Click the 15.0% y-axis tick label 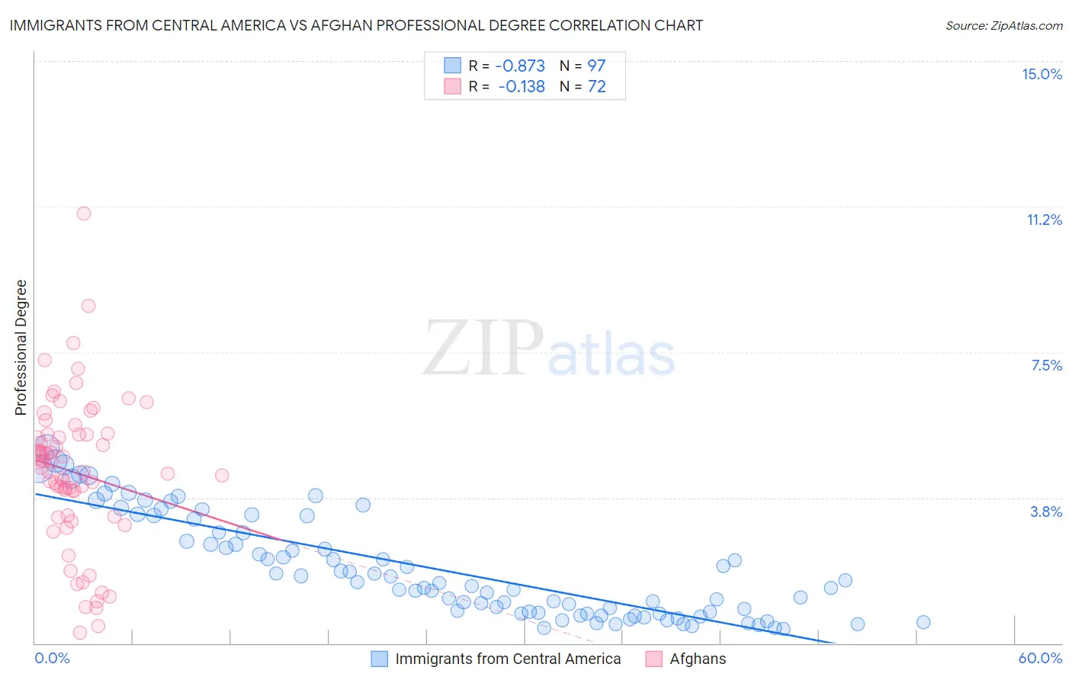[1042, 74]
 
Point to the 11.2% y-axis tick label [1044, 220]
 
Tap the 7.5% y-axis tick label [1046, 365]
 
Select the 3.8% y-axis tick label [1046, 512]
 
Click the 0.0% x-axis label [52, 658]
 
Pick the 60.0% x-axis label [1040, 658]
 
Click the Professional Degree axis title [21, 348]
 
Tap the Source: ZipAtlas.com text [1003, 25]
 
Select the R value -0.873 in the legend [520, 66]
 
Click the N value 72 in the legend [596, 86]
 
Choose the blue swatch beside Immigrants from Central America [380, 659]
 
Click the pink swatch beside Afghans [653, 659]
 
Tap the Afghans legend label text [698, 659]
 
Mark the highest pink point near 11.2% [84, 213]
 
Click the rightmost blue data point [923, 622]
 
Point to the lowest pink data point [79, 633]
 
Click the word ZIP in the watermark [483, 348]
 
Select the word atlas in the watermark [611, 356]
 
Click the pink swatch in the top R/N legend [452, 86]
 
